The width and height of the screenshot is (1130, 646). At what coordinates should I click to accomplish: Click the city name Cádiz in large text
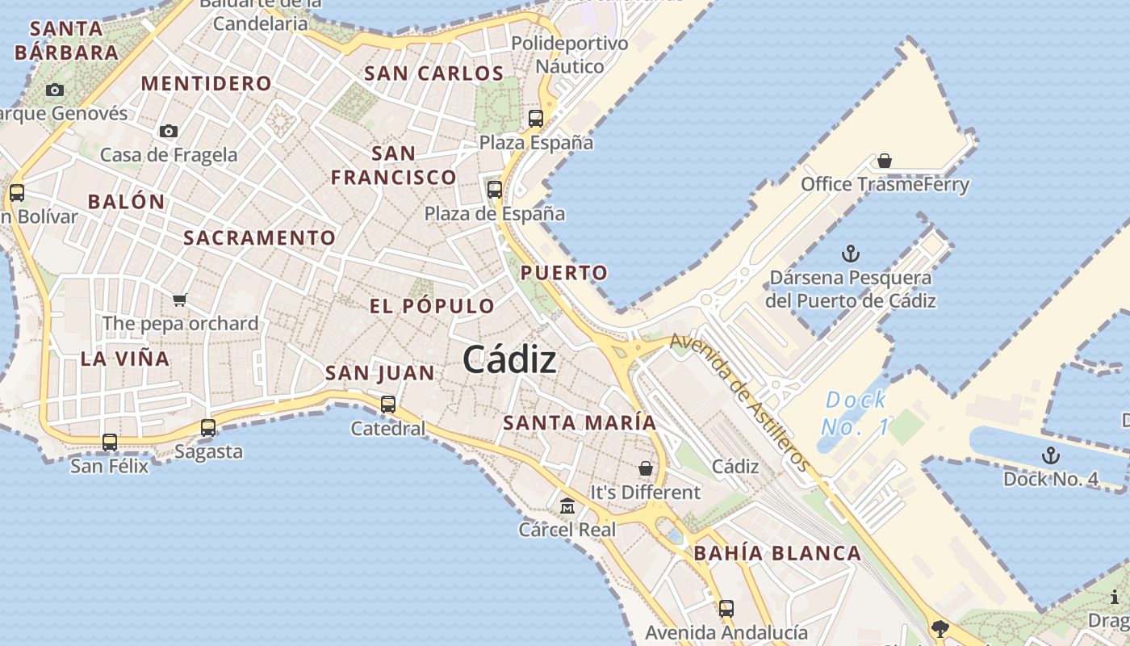coord(509,360)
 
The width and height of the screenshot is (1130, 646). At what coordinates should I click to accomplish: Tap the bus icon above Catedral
coord(388,404)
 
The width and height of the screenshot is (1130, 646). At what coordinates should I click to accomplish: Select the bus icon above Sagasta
coord(208,428)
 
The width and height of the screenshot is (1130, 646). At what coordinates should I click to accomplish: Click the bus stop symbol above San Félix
coord(110,443)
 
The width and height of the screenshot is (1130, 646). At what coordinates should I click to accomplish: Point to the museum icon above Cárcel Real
coord(567,506)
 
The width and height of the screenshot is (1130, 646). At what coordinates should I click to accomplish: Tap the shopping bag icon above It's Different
coord(646,468)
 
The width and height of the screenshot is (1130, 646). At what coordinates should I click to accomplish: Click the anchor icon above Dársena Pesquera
coord(850,254)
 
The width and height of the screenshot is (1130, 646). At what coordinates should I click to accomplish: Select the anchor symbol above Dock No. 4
coord(1050,455)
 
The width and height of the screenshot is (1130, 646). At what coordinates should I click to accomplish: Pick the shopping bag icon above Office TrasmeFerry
coord(885,161)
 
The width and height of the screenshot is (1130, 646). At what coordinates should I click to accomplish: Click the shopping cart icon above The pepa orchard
coord(180,300)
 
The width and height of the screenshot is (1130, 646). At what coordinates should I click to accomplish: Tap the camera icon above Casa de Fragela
coord(169,131)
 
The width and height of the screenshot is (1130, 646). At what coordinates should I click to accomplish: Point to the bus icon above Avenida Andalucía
coord(726,609)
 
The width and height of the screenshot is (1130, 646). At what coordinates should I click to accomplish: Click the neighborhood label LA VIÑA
coord(125,359)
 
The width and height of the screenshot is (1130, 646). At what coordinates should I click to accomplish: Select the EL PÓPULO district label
coord(432,306)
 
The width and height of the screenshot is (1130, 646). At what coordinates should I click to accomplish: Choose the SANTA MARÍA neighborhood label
coord(580,422)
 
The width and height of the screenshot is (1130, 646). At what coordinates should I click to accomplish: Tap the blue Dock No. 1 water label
coord(856,412)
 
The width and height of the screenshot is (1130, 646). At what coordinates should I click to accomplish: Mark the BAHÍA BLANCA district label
coord(777,553)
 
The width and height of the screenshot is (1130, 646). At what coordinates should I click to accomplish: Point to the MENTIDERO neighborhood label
coord(207,83)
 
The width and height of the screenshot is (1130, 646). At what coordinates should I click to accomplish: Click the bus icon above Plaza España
coord(536,119)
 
